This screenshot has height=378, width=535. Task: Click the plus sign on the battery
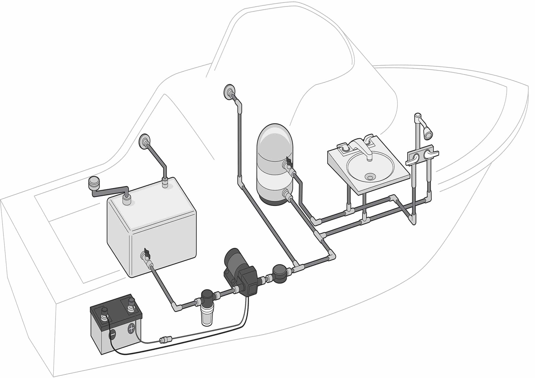(131, 328)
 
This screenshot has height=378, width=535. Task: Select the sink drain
(370, 176)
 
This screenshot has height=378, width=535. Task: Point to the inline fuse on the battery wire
(163, 340)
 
